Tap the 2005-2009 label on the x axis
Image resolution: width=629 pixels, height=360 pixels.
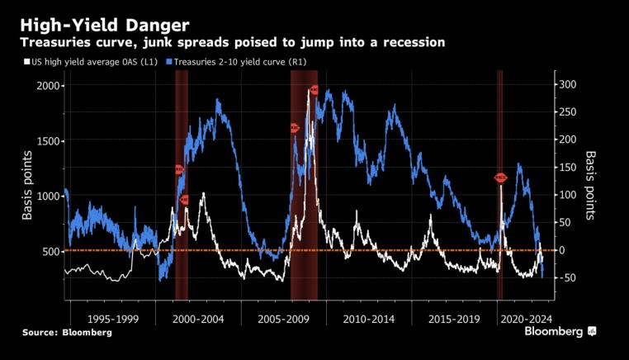(x=283, y=318)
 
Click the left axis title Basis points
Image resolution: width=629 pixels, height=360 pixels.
(x=28, y=185)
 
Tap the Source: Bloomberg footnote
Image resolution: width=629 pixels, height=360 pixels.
(x=67, y=332)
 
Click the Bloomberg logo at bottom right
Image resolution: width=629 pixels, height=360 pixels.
(x=560, y=331)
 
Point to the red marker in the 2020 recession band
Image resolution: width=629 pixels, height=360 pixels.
(x=500, y=178)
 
